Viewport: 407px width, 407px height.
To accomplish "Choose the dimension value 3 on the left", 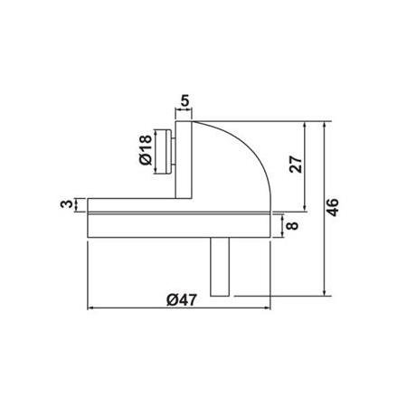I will pos(66,204).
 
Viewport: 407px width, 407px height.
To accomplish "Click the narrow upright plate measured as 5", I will pos(184,158).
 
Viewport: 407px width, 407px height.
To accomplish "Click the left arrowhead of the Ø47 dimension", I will pos(90,309).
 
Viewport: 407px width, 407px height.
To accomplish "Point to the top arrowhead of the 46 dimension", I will pos(324,122).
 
